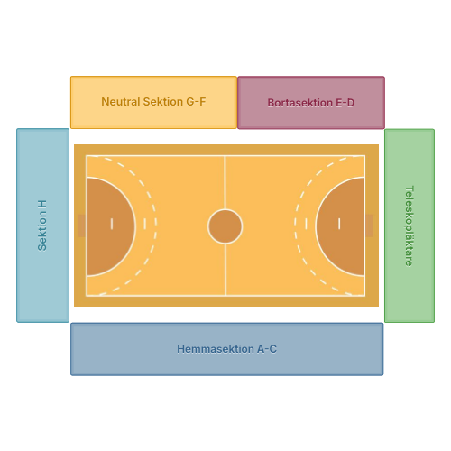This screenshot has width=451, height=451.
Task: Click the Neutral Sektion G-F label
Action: click(x=153, y=102)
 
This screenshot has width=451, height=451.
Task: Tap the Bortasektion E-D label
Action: click(x=311, y=103)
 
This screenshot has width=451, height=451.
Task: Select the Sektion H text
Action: click(x=42, y=225)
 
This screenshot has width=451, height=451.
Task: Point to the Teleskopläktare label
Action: click(x=410, y=225)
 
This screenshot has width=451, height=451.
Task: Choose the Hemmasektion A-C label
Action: click(x=226, y=349)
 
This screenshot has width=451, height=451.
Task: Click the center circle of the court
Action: click(x=225, y=226)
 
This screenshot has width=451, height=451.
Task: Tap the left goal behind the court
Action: click(x=82, y=225)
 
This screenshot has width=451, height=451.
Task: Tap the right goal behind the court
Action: click(x=369, y=225)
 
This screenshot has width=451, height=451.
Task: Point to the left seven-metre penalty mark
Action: click(x=145, y=224)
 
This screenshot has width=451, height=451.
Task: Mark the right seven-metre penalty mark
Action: click(x=306, y=224)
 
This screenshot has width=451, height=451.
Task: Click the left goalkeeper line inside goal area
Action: click(x=112, y=224)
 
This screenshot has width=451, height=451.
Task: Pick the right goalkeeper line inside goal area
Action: click(x=339, y=224)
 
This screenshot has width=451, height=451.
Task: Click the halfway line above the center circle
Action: click(x=225, y=182)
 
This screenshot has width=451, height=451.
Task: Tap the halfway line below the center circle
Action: click(x=225, y=270)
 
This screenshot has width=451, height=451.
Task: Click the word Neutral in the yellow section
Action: click(x=121, y=102)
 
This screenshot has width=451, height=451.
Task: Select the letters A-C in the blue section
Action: click(x=267, y=349)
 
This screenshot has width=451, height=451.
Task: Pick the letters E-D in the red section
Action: click(x=345, y=103)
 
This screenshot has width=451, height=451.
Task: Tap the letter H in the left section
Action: click(x=42, y=205)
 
